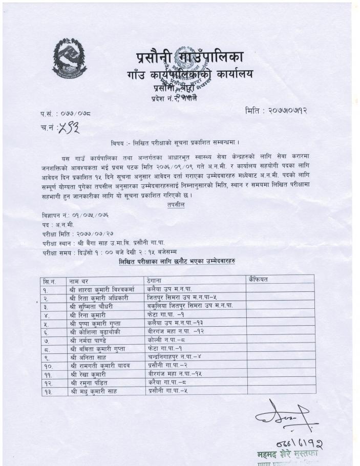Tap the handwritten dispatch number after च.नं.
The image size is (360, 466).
pos(69,128)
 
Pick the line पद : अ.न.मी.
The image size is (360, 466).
pos(59,225)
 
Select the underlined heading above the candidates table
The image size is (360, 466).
pos(177,262)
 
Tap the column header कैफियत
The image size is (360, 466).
pos(258,280)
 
